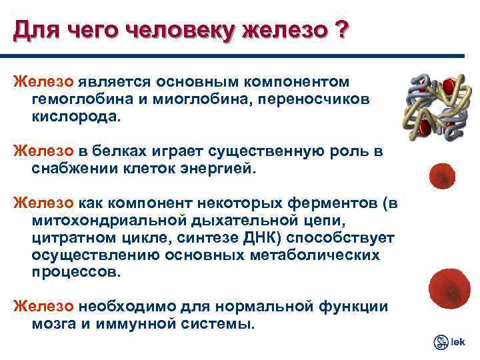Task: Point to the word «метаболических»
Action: [313, 255]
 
